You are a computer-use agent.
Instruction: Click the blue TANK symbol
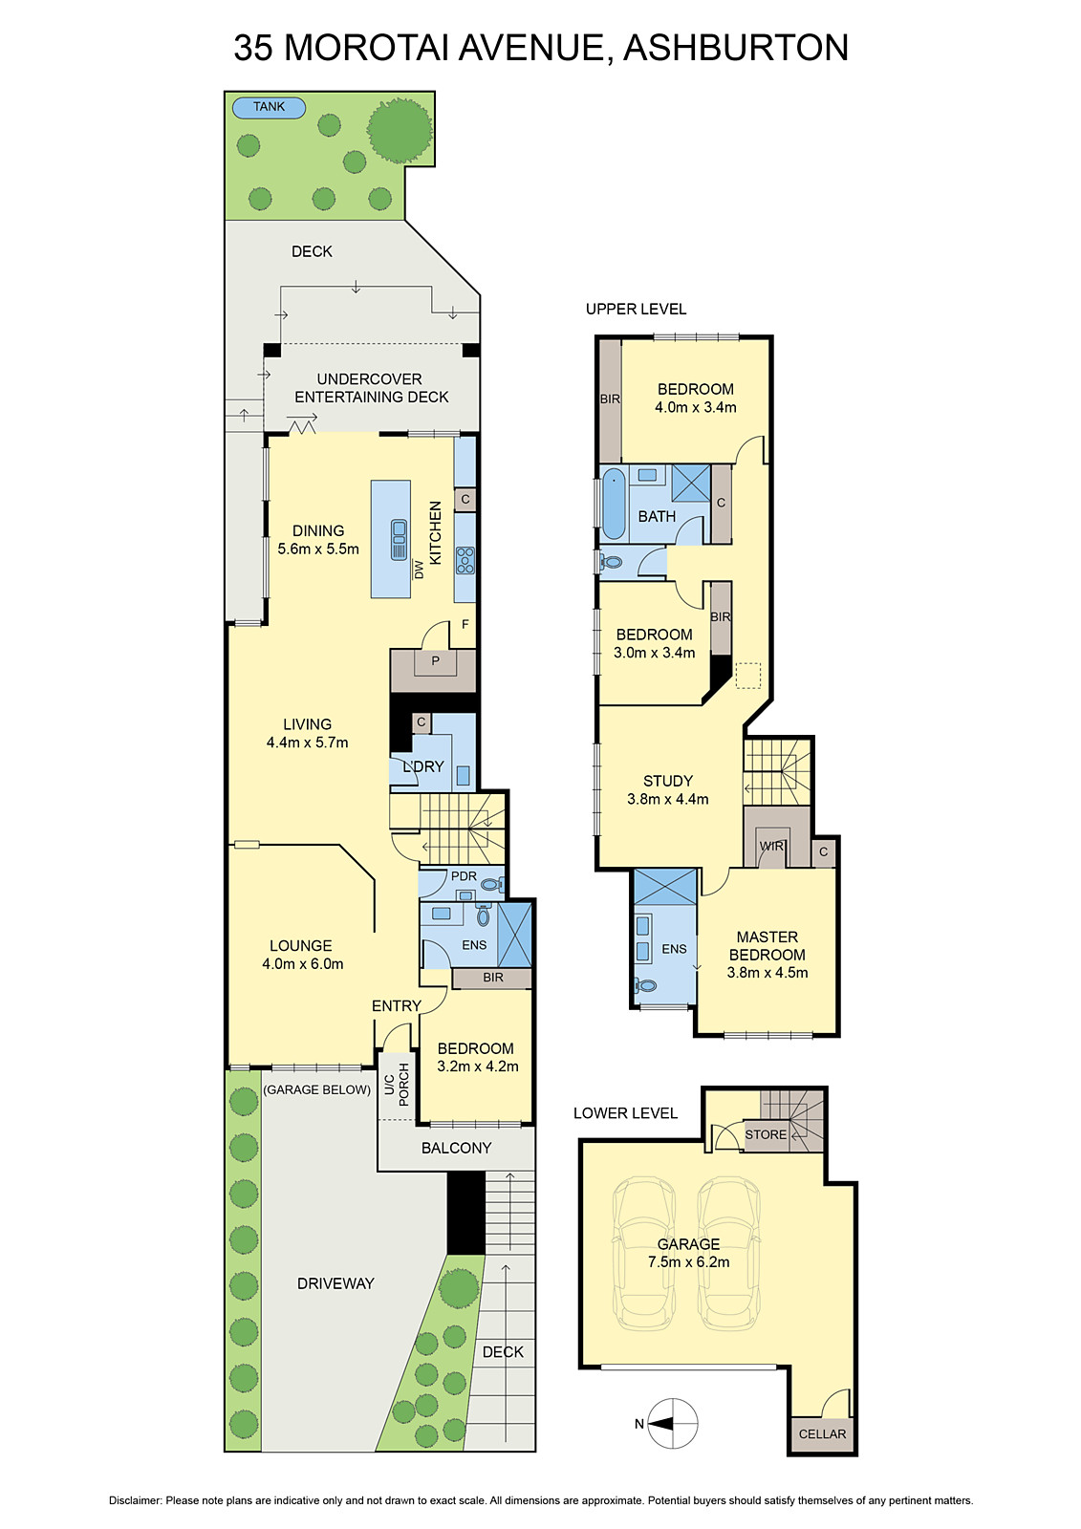pyautogui.click(x=269, y=107)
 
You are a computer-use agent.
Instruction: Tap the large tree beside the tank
pyautogui.click(x=400, y=129)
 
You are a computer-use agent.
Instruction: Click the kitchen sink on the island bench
pyautogui.click(x=399, y=539)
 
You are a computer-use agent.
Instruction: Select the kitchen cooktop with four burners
pyautogui.click(x=465, y=560)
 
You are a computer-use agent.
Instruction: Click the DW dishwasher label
pyautogui.click(x=419, y=570)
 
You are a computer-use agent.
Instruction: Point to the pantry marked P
pyautogui.click(x=435, y=661)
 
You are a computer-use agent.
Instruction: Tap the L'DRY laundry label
pyautogui.click(x=422, y=766)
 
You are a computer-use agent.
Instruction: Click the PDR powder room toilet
pyautogui.click(x=492, y=884)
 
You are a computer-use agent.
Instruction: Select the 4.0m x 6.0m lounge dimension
pyautogui.click(x=302, y=964)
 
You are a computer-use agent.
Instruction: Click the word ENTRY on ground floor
pyautogui.click(x=396, y=1006)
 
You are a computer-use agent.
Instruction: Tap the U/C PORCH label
pyautogui.click(x=396, y=1084)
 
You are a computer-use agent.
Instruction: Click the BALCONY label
pyautogui.click(x=456, y=1149)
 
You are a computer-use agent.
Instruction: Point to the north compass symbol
pyautogui.click(x=672, y=1424)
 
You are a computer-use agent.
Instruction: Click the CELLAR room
pyautogui.click(x=822, y=1434)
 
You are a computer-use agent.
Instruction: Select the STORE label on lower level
pyautogui.click(x=766, y=1135)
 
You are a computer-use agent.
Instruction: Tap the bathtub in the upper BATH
pyautogui.click(x=614, y=505)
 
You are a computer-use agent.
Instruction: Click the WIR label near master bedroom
pyautogui.click(x=770, y=847)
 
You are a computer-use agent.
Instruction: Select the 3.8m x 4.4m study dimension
pyautogui.click(x=667, y=800)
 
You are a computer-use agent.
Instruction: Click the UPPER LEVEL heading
pyautogui.click(x=636, y=309)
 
